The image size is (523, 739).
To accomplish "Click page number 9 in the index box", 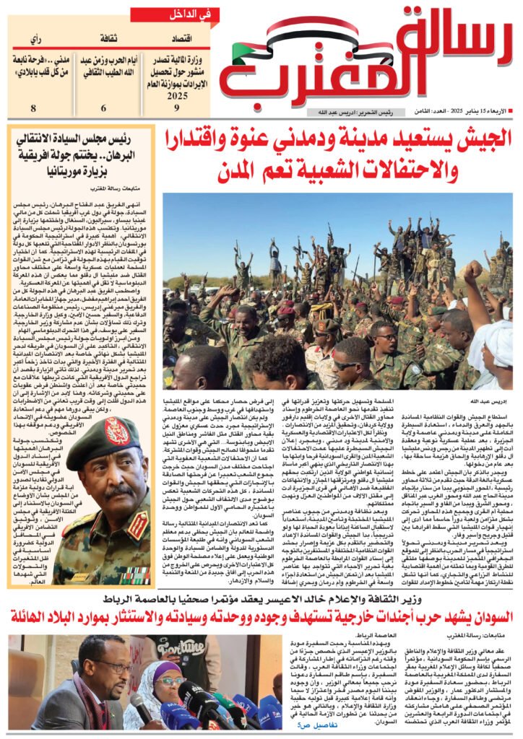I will [177, 108].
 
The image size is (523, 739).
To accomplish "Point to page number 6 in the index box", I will [103, 108].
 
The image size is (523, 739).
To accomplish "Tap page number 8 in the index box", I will [33, 108].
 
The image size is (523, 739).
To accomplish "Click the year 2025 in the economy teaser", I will [176, 94].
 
